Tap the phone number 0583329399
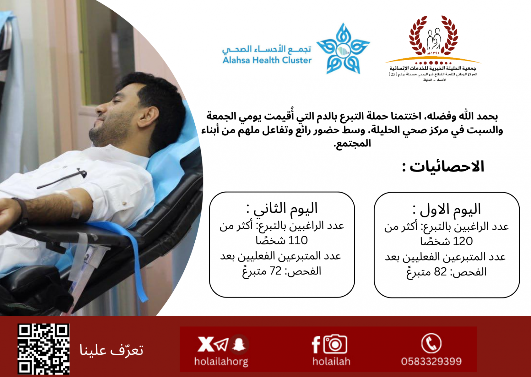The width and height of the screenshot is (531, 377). tap(431, 361)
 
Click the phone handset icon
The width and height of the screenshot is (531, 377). tap(431, 343)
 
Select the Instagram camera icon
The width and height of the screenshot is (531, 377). tap(335, 344)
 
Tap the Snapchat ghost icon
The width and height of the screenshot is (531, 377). tap(239, 344)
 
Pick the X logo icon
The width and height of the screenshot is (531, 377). tap(206, 344)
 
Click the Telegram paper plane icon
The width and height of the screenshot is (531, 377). tap(221, 345)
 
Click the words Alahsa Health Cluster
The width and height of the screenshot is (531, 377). tap(267, 60)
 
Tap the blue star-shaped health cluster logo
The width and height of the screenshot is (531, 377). tap(343, 49)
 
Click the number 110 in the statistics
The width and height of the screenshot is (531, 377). tap(298, 241)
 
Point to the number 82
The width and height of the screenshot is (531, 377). tap(440, 272)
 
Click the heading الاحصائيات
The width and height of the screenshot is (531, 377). tap(443, 167)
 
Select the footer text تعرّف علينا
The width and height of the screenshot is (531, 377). tap(111, 350)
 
